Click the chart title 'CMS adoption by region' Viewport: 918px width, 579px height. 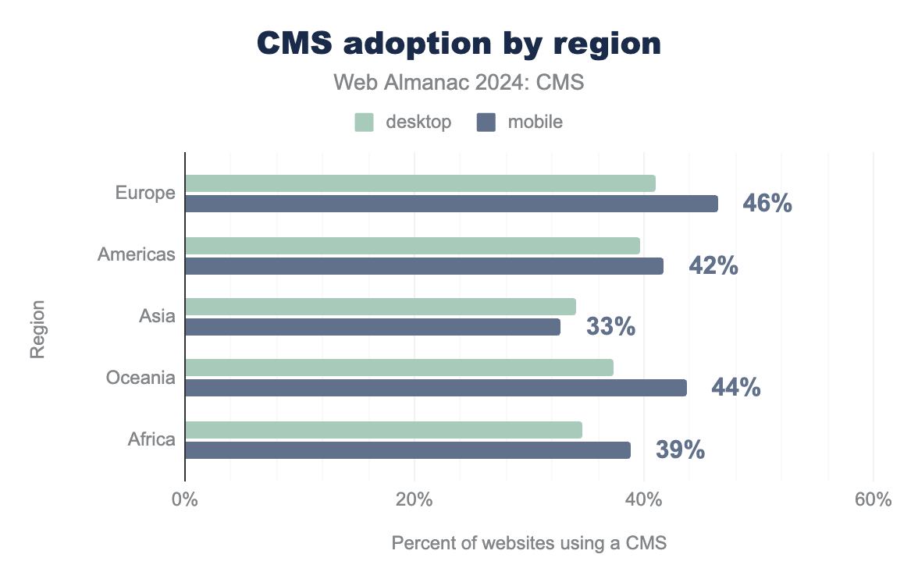pyautogui.click(x=459, y=44)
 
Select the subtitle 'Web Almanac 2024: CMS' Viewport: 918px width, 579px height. pyautogui.click(x=459, y=82)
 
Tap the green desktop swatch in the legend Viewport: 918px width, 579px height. pyautogui.click(x=365, y=123)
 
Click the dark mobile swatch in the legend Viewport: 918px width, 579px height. pyautogui.click(x=487, y=123)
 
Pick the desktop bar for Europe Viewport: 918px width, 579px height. pyautogui.click(x=420, y=183)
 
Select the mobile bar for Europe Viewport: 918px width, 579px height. pyautogui.click(x=451, y=204)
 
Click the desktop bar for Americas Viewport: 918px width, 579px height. pyautogui.click(x=412, y=246)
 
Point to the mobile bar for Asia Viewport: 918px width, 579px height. pyautogui.click(x=372, y=327)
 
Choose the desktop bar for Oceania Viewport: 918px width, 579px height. pyautogui.click(x=399, y=368)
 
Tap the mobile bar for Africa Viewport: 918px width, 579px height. pyautogui.click(x=407, y=450)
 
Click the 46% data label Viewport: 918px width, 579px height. pyautogui.click(x=767, y=204)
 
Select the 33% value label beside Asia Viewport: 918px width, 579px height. pyautogui.click(x=610, y=327)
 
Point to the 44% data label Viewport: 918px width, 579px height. pyautogui.click(x=735, y=388)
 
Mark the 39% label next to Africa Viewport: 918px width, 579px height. pyautogui.click(x=680, y=450)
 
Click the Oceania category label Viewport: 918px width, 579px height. pyautogui.click(x=141, y=378)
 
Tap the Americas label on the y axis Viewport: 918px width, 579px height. pyautogui.click(x=137, y=254)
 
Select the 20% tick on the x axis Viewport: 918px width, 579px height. pyautogui.click(x=414, y=500)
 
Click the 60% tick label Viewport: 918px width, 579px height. pyautogui.click(x=873, y=500)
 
